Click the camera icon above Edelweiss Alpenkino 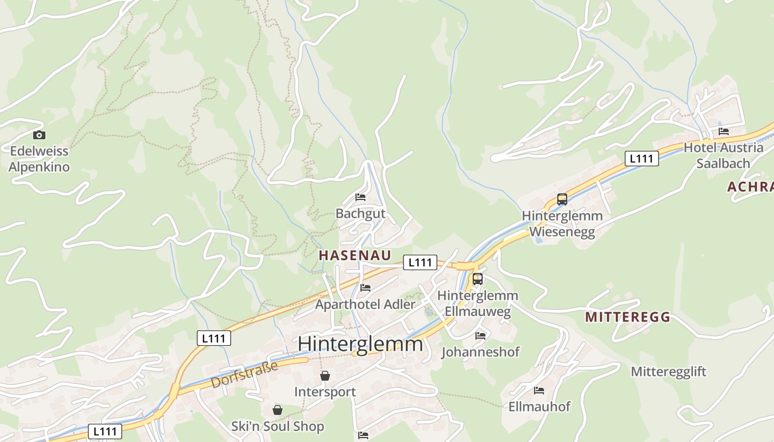click(x=39, y=135)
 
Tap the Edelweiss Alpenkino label click(x=39, y=159)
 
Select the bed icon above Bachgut click(x=360, y=197)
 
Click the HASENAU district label click(x=355, y=255)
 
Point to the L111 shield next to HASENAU click(x=420, y=262)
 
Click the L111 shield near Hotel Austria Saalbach click(x=641, y=159)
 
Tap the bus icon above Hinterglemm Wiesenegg click(x=562, y=199)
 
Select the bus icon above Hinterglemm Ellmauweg click(x=478, y=279)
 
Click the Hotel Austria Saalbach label click(x=723, y=155)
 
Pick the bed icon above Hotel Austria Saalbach click(x=723, y=131)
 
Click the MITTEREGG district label click(x=627, y=317)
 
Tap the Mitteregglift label click(x=668, y=371)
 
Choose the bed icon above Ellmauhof click(x=539, y=391)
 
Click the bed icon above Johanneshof click(x=480, y=335)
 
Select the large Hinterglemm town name click(x=360, y=344)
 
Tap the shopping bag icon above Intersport click(x=325, y=376)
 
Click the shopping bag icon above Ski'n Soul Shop click(x=278, y=410)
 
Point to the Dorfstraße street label click(x=244, y=375)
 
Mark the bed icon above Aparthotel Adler click(x=365, y=288)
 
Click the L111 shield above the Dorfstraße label click(x=214, y=338)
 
